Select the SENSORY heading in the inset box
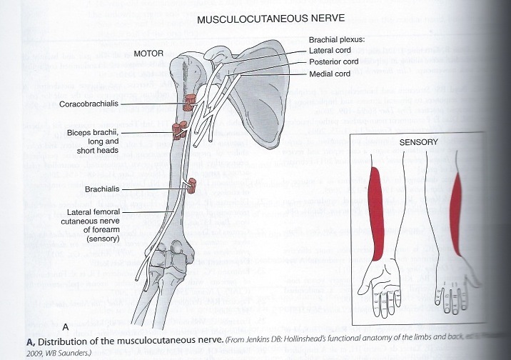(x=419, y=142)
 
